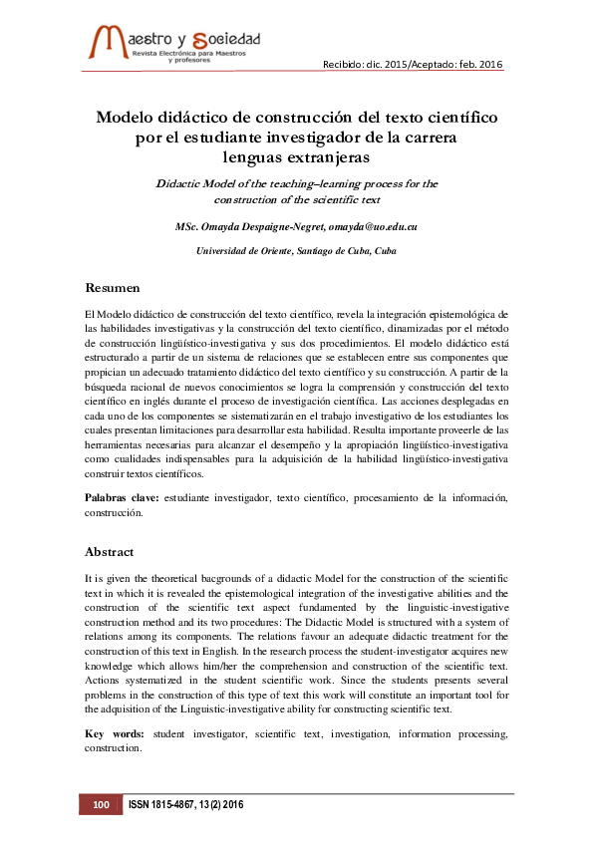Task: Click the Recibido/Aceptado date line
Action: (413, 65)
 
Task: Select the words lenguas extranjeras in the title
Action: (296, 156)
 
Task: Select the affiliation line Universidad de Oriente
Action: (296, 251)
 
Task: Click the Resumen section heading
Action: (112, 288)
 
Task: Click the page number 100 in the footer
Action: (100, 804)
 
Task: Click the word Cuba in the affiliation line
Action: (384, 251)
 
